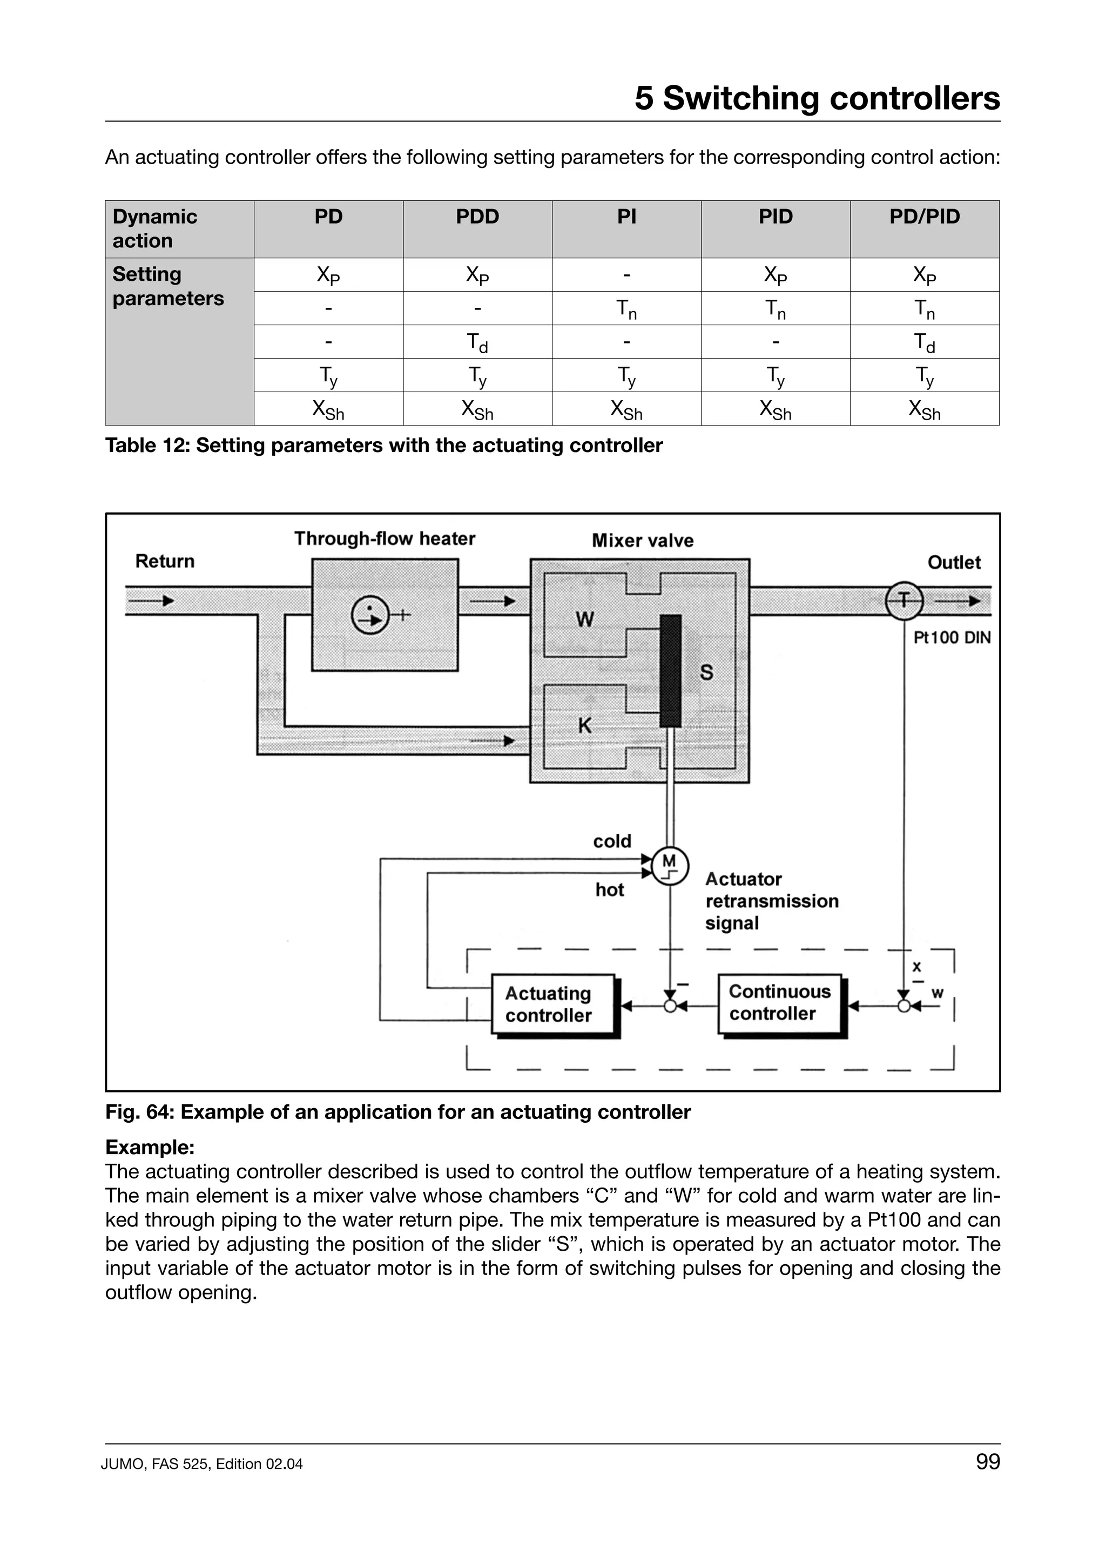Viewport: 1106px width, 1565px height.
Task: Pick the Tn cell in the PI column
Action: pyautogui.click(x=626, y=309)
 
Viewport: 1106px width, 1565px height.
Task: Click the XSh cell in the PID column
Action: pyautogui.click(x=775, y=410)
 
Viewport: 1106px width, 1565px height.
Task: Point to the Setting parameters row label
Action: pyautogui.click(x=167, y=286)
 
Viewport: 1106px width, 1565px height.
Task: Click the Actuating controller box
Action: pyautogui.click(x=552, y=1004)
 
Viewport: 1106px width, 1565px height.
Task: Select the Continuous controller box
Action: pyautogui.click(x=780, y=1003)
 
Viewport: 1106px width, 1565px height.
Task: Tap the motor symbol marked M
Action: pyautogui.click(x=670, y=866)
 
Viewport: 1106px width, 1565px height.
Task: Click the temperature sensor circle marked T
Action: pyautogui.click(x=903, y=601)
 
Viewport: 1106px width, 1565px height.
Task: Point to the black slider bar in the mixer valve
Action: pyautogui.click(x=671, y=671)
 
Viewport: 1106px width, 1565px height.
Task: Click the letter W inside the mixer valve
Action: pyautogui.click(x=585, y=619)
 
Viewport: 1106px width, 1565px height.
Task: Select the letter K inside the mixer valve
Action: pyautogui.click(x=585, y=726)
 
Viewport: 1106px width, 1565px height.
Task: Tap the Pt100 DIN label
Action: pyautogui.click(x=952, y=638)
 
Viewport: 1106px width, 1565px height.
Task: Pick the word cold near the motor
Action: pyautogui.click(x=612, y=841)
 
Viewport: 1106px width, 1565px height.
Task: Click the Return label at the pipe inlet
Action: pyautogui.click(x=165, y=561)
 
